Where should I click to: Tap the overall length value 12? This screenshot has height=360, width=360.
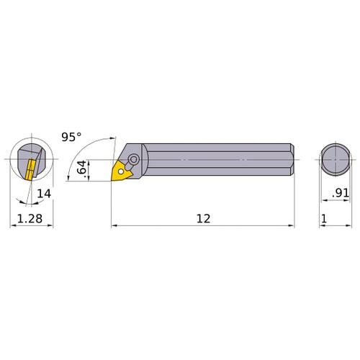203,219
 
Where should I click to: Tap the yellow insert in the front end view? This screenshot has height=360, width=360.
30,171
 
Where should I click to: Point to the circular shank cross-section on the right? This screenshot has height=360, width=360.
336,160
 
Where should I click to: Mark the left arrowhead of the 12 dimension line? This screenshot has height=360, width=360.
114,226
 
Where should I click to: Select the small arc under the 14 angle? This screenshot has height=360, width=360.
29,202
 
